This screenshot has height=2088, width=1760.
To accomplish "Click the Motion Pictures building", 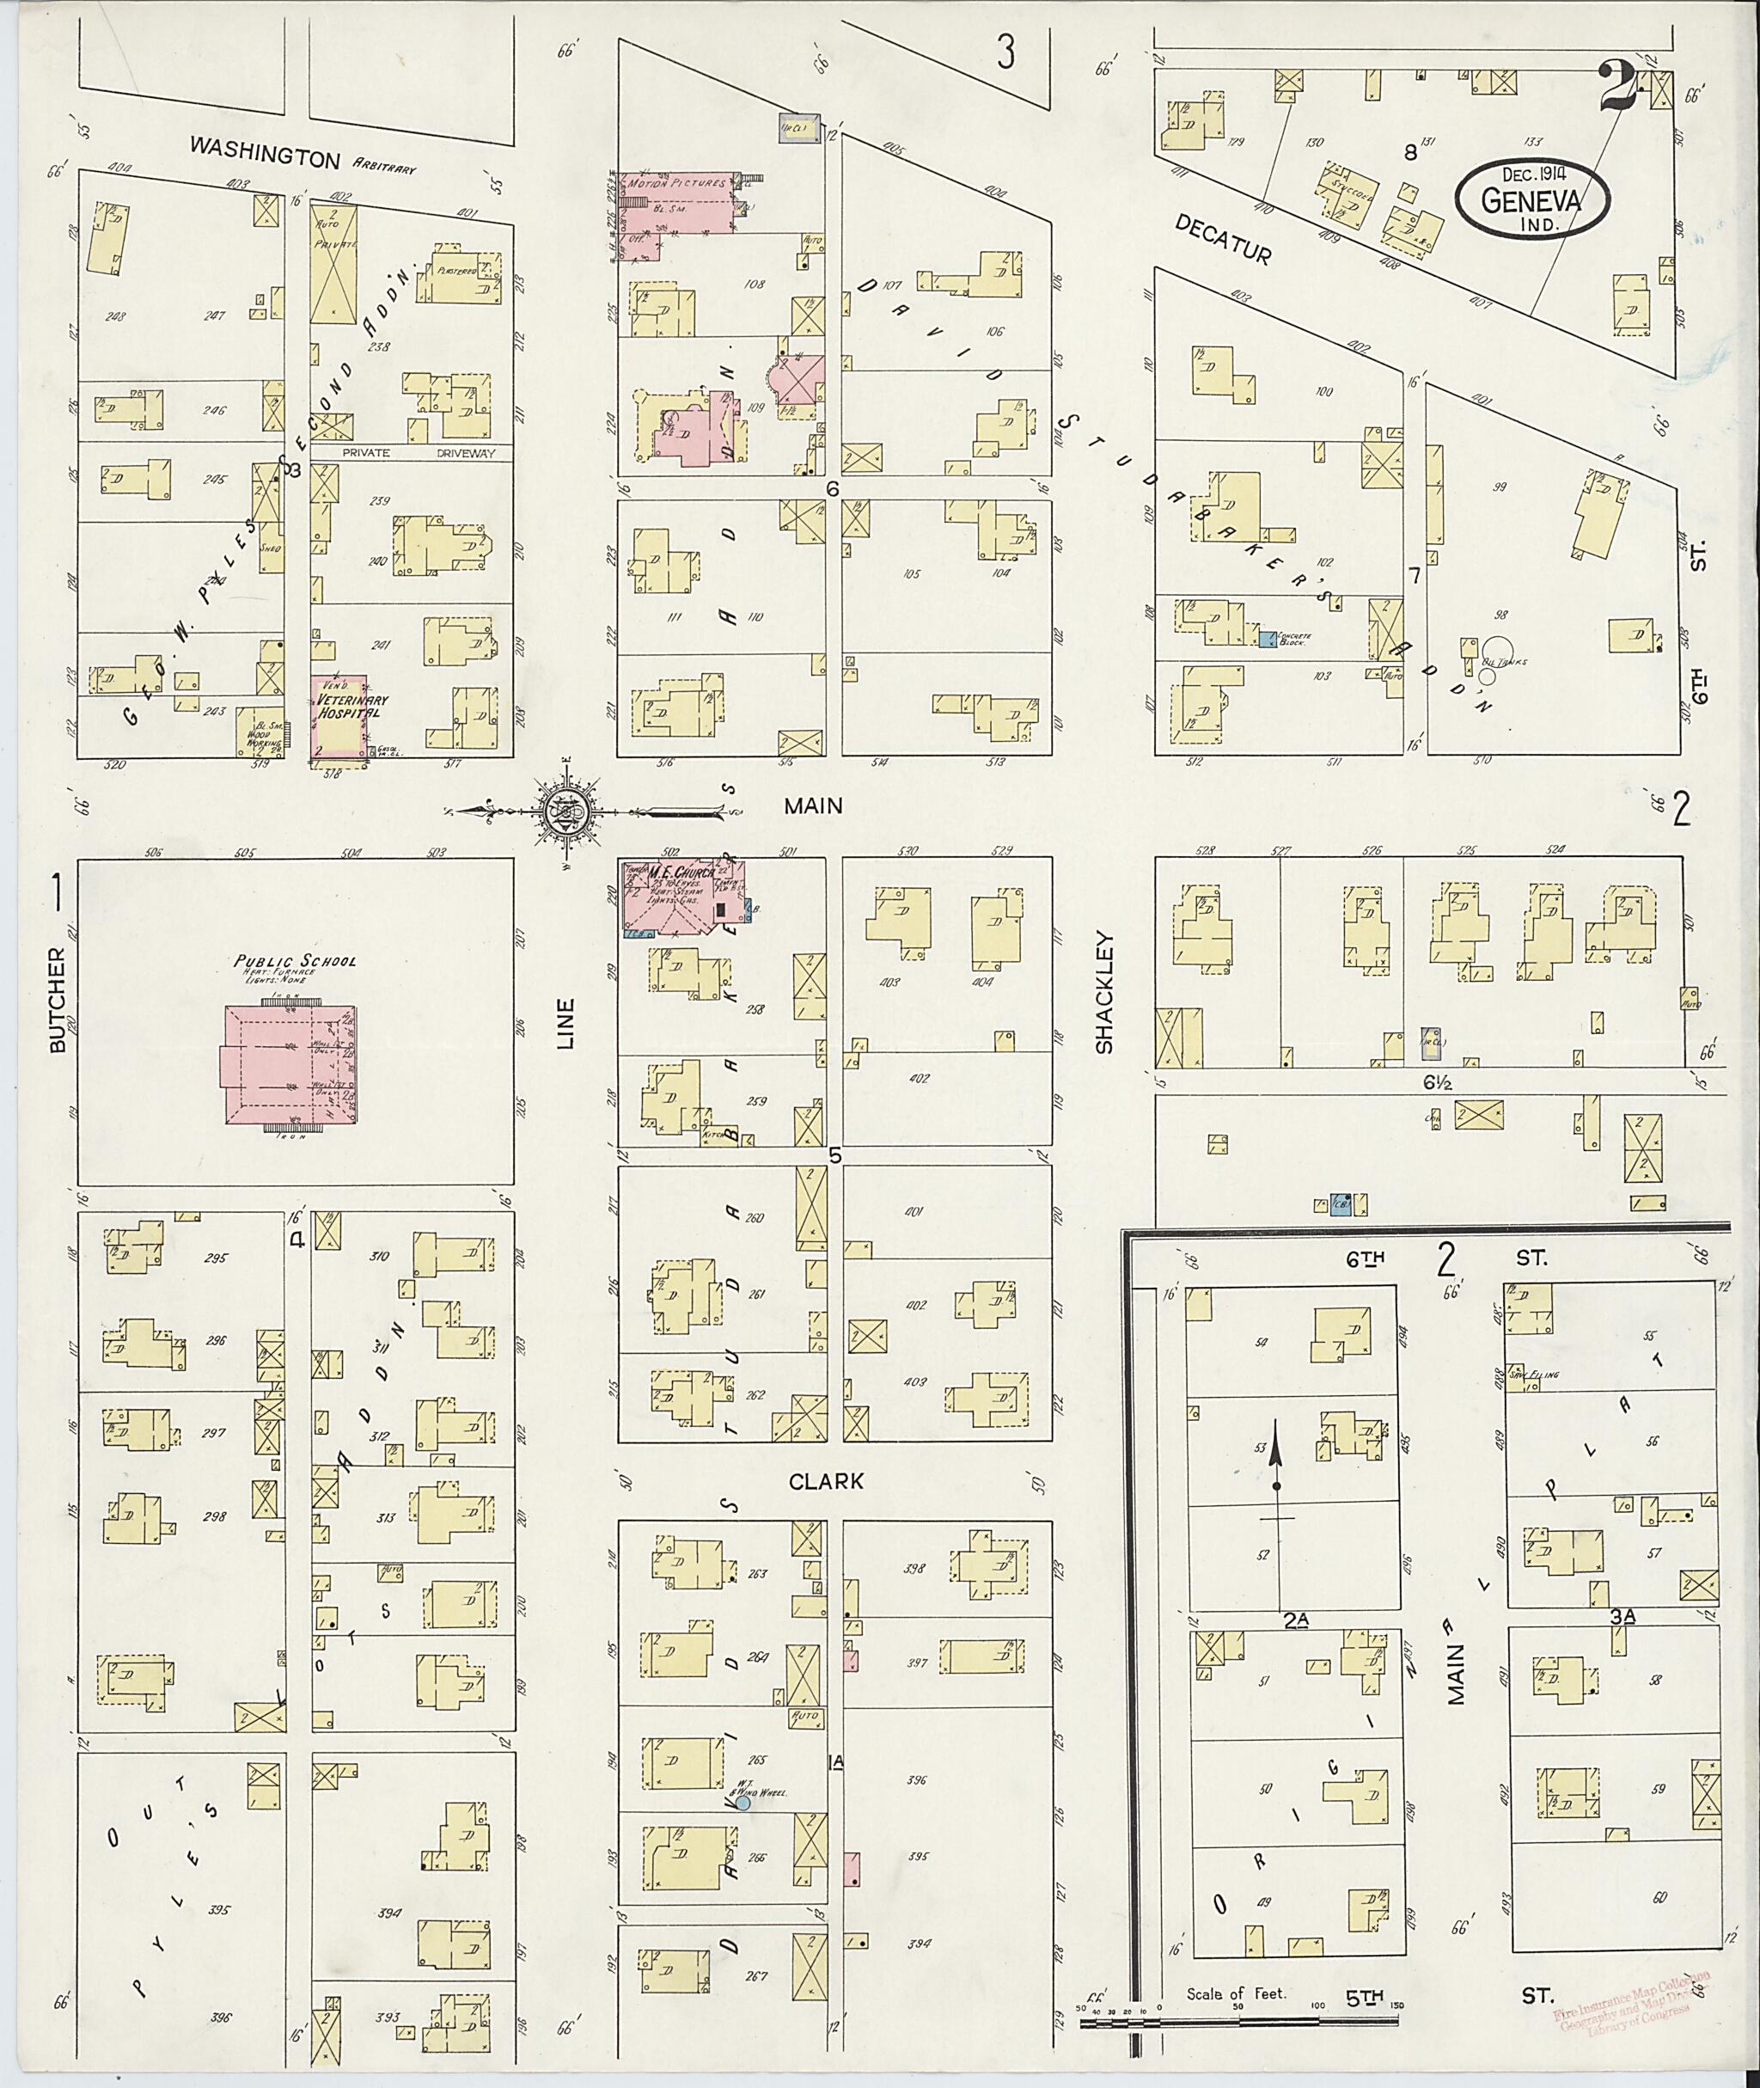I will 684,204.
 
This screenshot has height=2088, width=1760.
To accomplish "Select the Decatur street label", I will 1222,240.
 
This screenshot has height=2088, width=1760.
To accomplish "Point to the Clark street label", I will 825,1482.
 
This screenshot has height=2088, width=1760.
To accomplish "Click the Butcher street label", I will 56,1000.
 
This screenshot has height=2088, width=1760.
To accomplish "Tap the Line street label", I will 566,1023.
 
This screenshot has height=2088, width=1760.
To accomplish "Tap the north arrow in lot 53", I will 1276,1473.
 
